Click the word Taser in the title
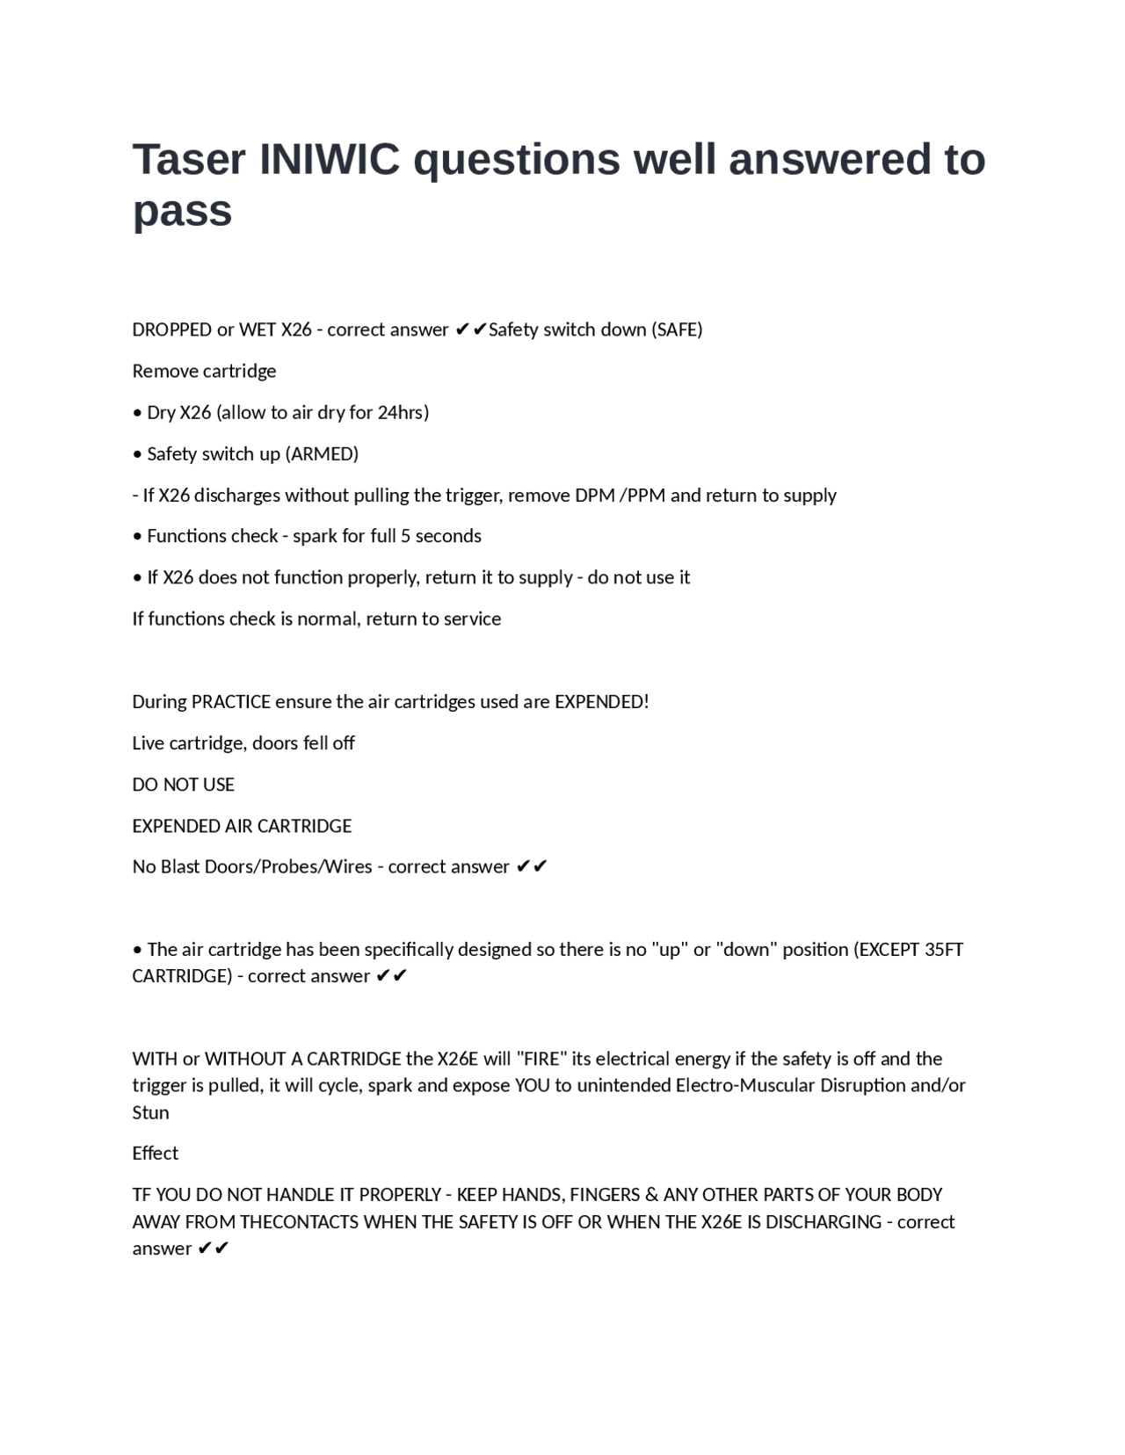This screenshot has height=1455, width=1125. [189, 160]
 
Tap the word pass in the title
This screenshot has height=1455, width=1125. [182, 211]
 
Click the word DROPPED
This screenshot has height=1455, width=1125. [171, 329]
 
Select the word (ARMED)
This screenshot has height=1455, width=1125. [322, 453]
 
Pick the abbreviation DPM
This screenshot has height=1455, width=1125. [595, 495]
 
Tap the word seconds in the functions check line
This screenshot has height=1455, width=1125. [448, 536]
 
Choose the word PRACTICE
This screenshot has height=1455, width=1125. [231, 701]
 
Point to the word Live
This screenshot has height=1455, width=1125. [148, 743]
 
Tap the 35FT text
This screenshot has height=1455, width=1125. [944, 950]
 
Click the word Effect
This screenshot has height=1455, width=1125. [155, 1153]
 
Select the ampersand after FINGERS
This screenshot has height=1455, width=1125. [651, 1195]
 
